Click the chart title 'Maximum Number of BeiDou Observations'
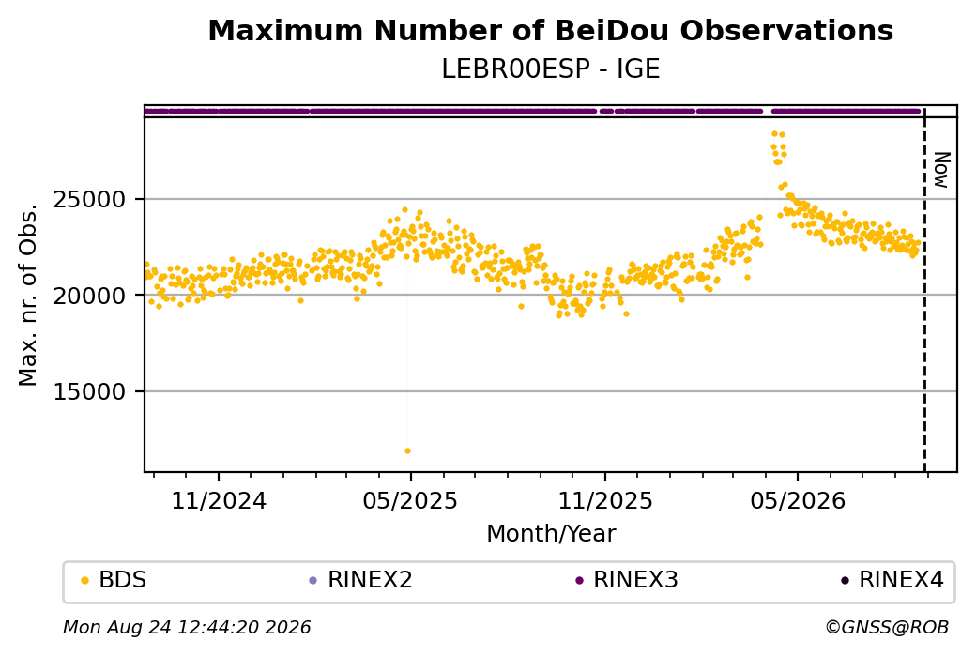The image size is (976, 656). [x=550, y=30]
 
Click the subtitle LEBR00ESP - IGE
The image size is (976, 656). [x=550, y=69]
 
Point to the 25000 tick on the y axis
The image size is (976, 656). [x=90, y=200]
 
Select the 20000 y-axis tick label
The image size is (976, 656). [x=90, y=296]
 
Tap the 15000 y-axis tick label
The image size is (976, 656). [x=90, y=391]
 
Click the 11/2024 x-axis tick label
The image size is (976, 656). [x=219, y=500]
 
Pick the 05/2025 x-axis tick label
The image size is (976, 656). [x=410, y=500]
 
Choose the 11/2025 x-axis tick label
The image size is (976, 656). [x=605, y=500]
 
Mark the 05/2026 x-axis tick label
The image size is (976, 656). [x=798, y=500]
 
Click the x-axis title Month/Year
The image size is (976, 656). [x=551, y=533]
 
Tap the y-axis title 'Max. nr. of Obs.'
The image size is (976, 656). [x=28, y=295]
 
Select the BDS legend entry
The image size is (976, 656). [x=114, y=580]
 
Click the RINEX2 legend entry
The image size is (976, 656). [x=361, y=580]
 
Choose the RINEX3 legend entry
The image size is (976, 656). [x=627, y=580]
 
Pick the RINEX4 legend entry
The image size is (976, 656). [x=892, y=580]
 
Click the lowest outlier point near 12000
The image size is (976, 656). [x=407, y=450]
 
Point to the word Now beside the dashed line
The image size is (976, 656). [x=941, y=170]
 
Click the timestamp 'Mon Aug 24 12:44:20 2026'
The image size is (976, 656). [x=187, y=627]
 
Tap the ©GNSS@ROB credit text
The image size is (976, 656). [x=887, y=627]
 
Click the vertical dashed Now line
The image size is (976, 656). [x=924, y=289]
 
